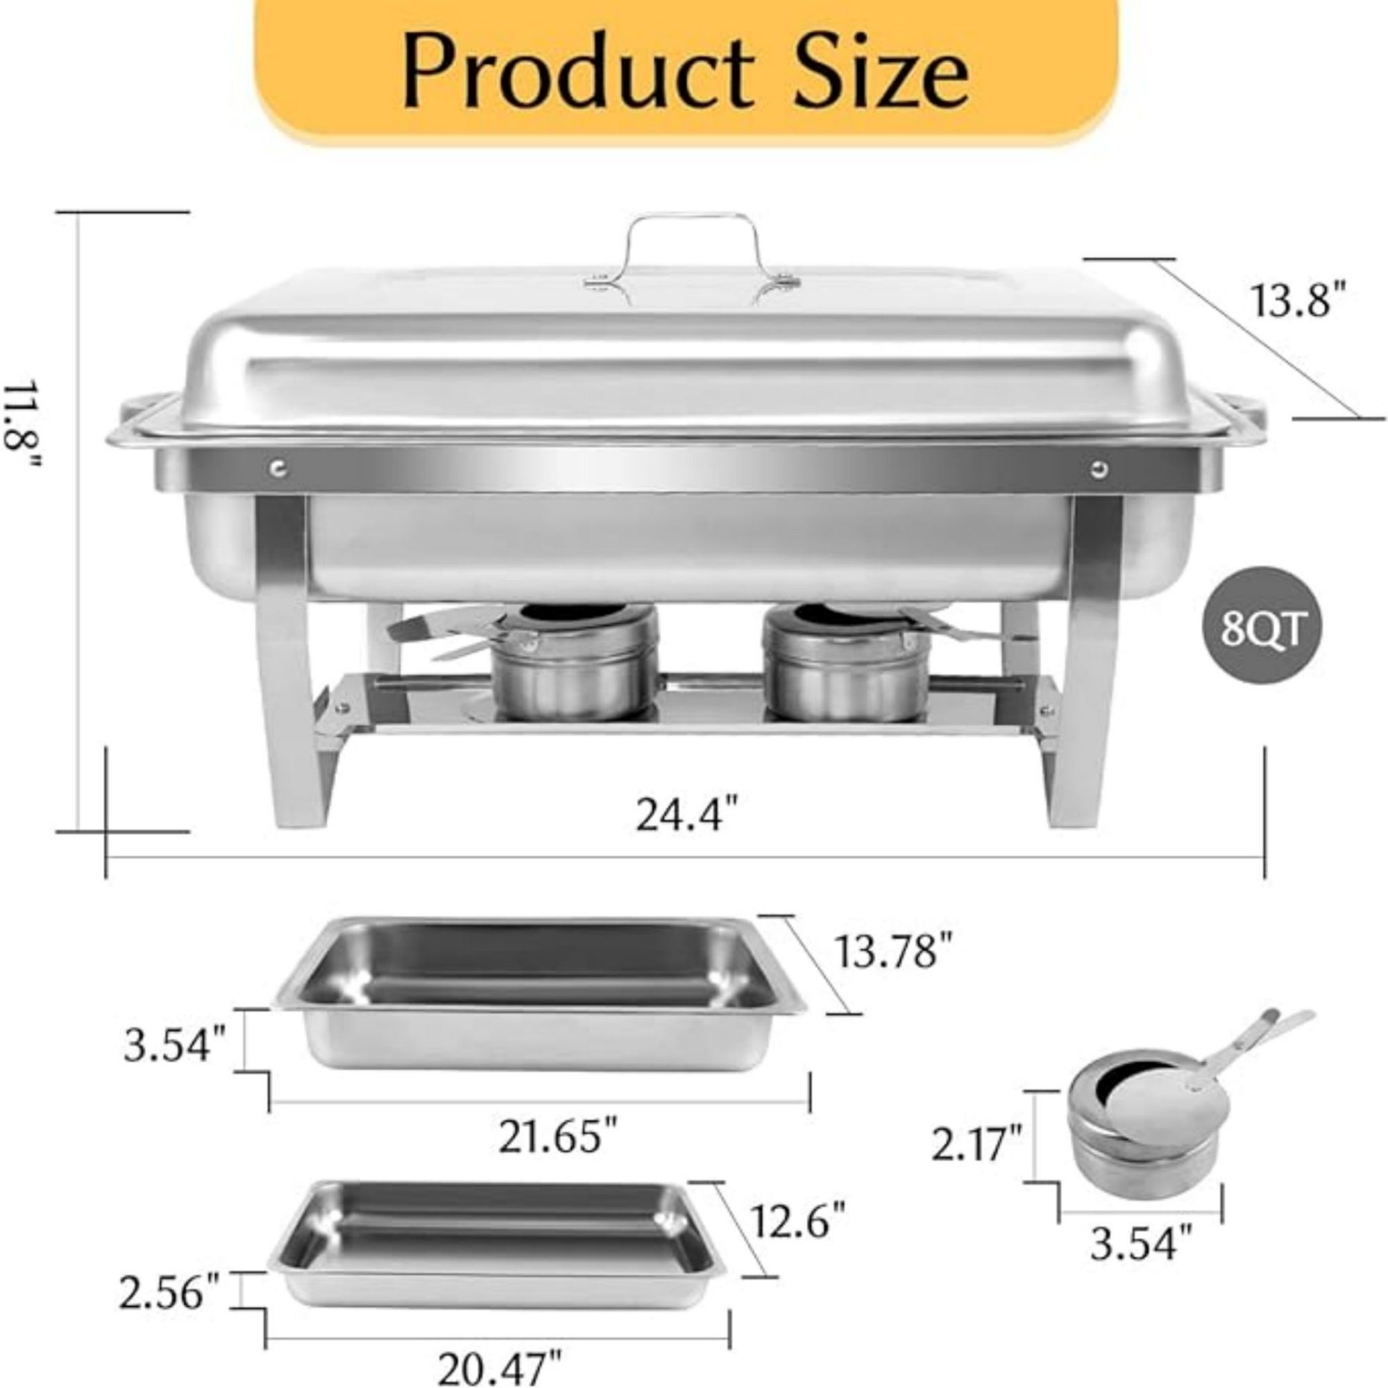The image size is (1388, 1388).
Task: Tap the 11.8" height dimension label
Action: coord(22,424)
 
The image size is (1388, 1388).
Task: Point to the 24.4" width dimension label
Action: coord(688,817)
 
